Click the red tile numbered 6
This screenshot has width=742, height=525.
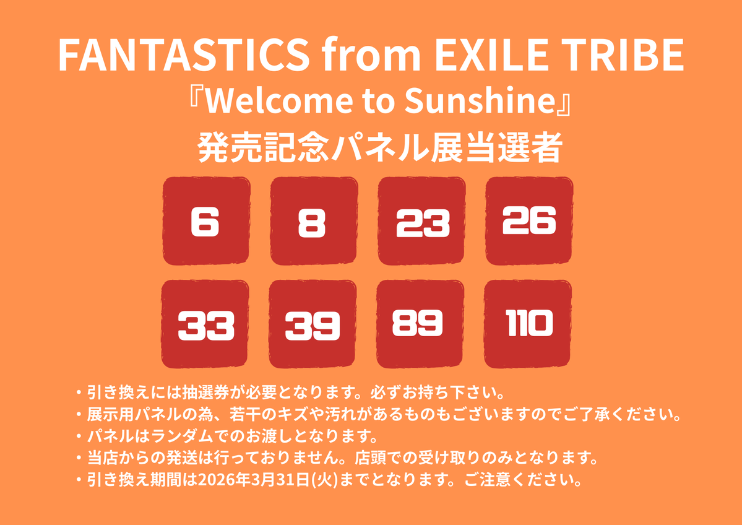(x=205, y=221)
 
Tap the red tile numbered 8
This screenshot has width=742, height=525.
(x=313, y=221)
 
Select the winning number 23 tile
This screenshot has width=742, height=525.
(x=421, y=221)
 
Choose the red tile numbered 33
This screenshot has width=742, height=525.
(x=205, y=324)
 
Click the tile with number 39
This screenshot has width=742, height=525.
(x=313, y=324)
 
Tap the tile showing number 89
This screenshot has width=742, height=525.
(x=420, y=323)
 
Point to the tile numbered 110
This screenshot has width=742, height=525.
(x=528, y=323)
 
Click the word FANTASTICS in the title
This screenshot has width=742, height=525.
(x=183, y=56)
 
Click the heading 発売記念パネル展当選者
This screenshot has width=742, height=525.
(x=379, y=149)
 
